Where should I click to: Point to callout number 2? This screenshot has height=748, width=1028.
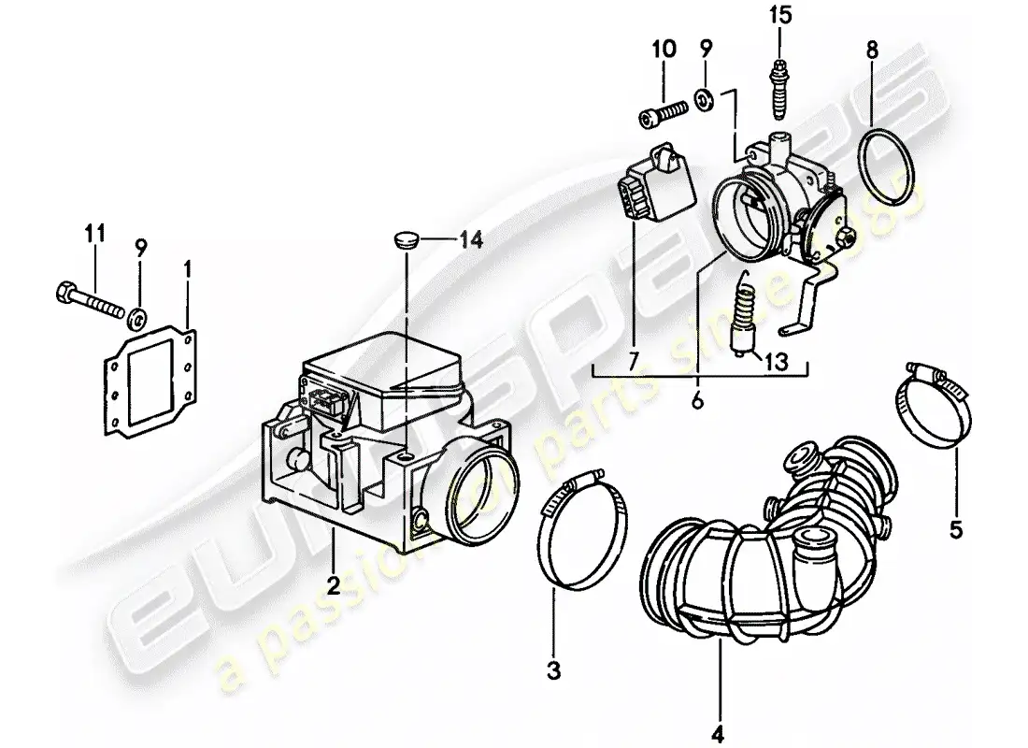click(x=332, y=586)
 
